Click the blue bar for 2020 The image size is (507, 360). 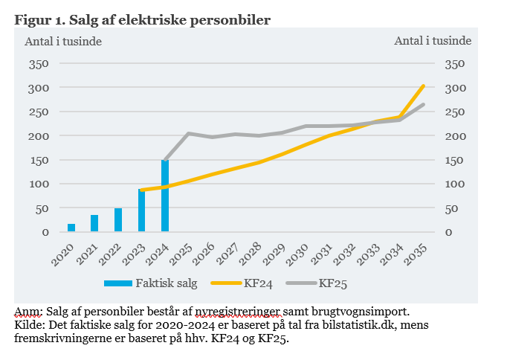click(x=71, y=228)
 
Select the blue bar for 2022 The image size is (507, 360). click(x=118, y=220)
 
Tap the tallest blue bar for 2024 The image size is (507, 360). click(x=165, y=196)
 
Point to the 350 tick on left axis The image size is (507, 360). click(x=38, y=64)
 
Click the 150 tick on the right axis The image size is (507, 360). click(x=453, y=160)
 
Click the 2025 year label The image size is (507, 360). click(x=187, y=254)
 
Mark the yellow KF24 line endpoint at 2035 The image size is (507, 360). click(x=424, y=86)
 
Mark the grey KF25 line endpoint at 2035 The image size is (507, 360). click(x=424, y=104)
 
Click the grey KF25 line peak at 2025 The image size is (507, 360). click(x=189, y=133)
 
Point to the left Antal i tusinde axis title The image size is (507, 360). click(x=63, y=41)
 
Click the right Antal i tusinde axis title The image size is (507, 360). click(x=431, y=41)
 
